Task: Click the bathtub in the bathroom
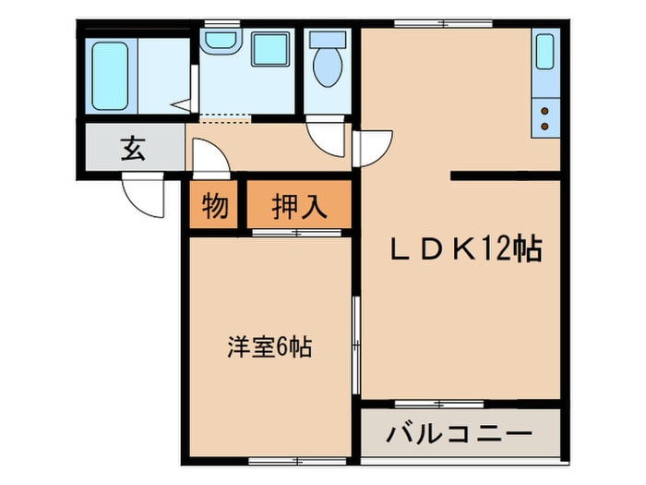[110, 76]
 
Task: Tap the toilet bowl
[328, 67]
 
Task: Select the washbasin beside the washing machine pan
[220, 42]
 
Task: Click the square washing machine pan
[270, 50]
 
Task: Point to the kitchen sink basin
[545, 52]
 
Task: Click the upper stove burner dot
[544, 111]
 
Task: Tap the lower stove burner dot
[544, 127]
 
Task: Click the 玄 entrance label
[133, 149]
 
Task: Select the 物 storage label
[215, 205]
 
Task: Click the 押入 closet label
[300, 205]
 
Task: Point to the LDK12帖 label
[466, 249]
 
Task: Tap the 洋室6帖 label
[269, 346]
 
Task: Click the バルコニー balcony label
[460, 434]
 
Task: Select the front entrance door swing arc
[142, 196]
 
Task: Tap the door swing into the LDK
[373, 150]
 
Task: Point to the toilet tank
[328, 40]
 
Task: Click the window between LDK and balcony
[439, 404]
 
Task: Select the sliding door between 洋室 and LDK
[356, 345]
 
